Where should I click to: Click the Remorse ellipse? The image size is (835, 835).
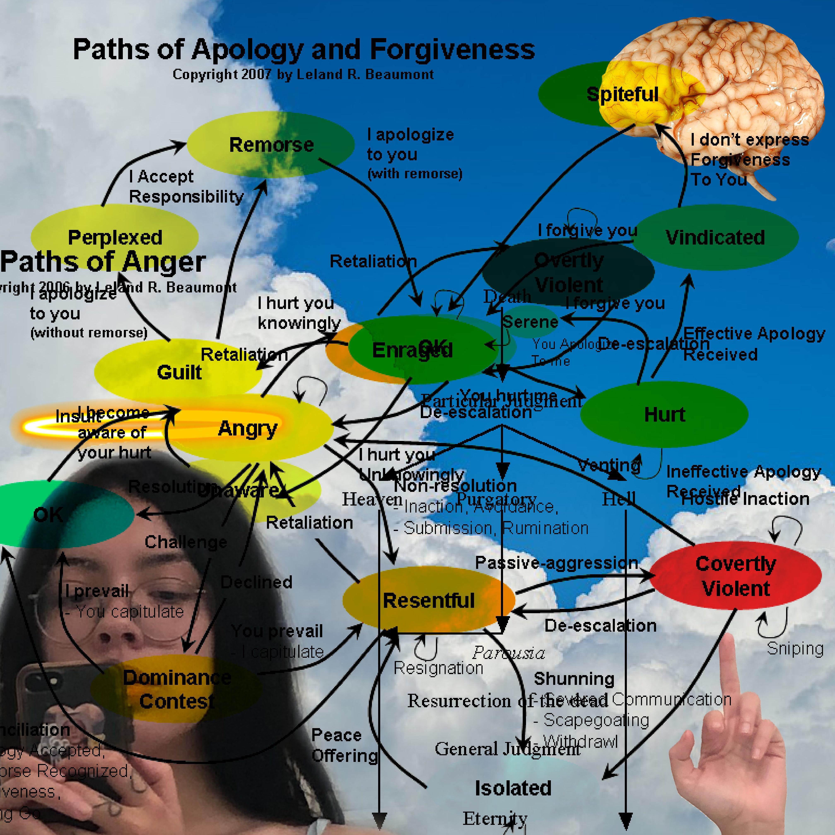(271, 145)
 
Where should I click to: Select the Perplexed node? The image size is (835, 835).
(115, 237)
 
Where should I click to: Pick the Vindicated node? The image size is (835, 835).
(715, 237)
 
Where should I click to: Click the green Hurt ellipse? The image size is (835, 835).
(664, 414)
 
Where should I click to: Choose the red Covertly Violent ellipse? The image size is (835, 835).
(736, 576)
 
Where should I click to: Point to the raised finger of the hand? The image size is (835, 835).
(730, 674)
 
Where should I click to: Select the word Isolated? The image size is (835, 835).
(513, 788)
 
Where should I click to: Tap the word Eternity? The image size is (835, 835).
(495, 818)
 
